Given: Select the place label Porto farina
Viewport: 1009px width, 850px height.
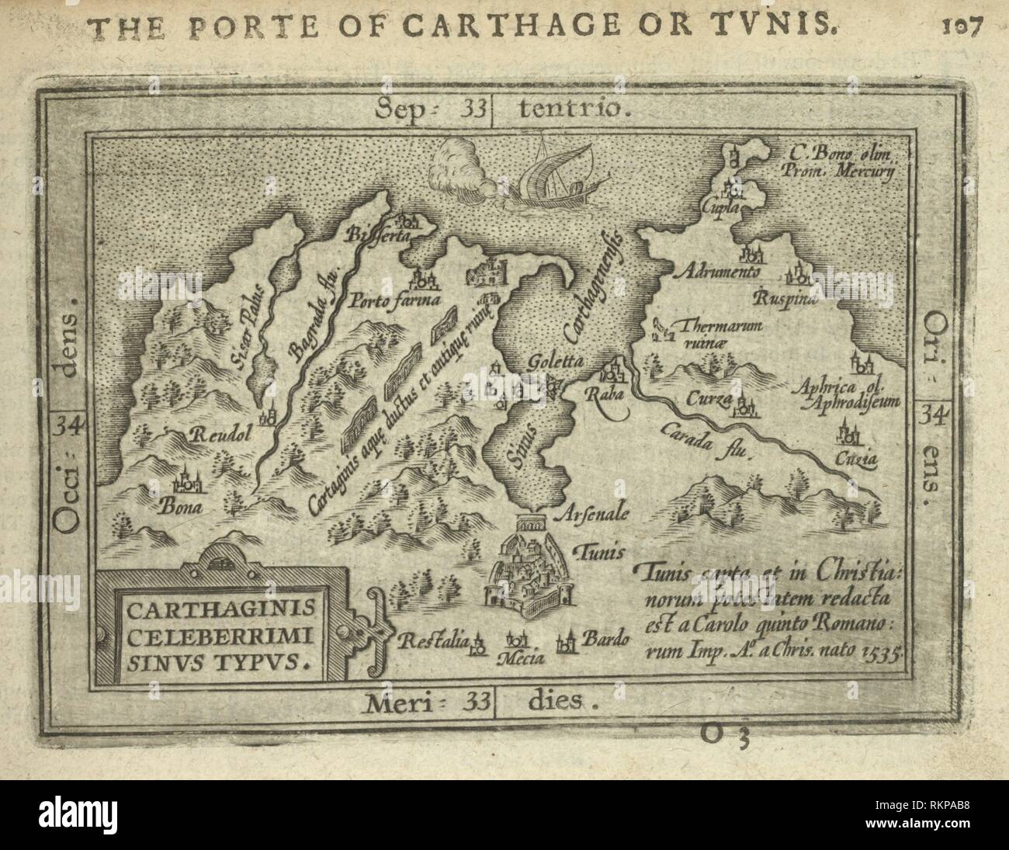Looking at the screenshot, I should (395, 300).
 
